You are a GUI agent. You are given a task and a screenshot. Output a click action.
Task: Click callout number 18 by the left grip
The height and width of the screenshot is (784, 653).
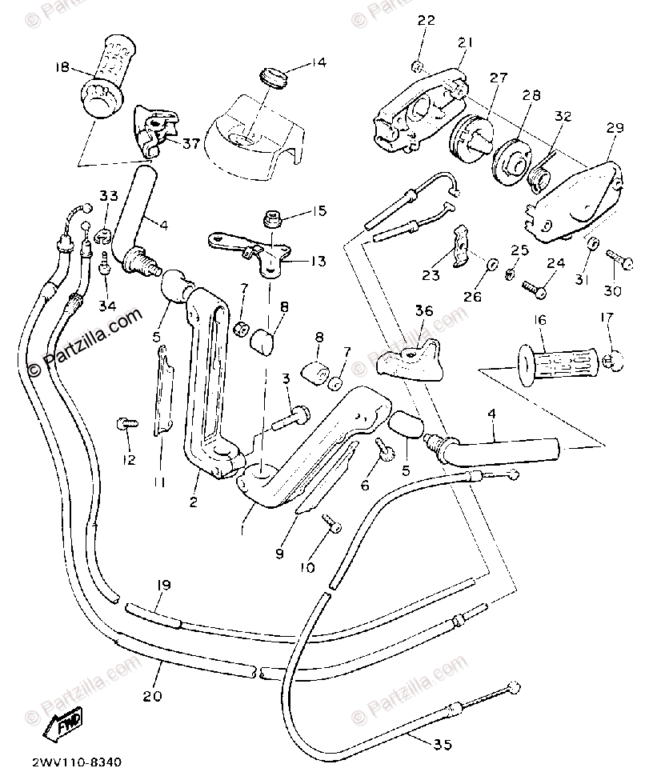point(62,67)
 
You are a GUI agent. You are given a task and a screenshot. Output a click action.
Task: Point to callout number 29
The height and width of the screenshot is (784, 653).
point(615,128)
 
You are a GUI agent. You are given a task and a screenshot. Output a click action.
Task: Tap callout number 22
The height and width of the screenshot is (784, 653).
point(426,21)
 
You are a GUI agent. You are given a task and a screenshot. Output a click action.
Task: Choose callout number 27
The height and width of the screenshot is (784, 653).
point(499,78)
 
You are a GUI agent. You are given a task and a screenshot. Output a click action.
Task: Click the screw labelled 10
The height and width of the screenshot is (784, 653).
point(331,524)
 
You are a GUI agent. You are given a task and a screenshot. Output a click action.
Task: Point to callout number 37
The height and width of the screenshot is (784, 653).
point(190,143)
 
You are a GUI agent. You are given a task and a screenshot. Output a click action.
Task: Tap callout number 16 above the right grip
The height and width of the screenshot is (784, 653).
point(541,320)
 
